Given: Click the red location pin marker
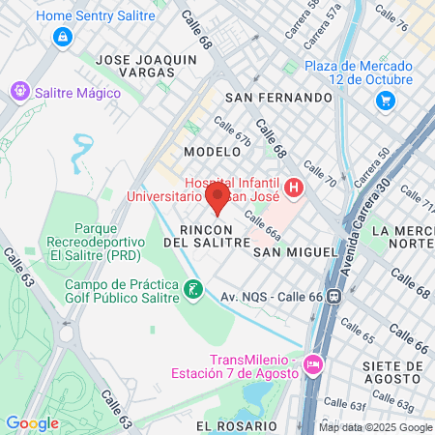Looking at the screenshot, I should [x=217, y=198].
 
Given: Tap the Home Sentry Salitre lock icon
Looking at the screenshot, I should [x=63, y=37].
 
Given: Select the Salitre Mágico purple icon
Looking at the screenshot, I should [x=17, y=92].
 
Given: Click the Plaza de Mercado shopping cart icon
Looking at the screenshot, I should [x=386, y=100].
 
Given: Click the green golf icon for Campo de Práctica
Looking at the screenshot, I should [x=193, y=288].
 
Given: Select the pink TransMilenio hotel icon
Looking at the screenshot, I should [x=312, y=364].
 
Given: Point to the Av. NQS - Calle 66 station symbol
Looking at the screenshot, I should [x=333, y=296].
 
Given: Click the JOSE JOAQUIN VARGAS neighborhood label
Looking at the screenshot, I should [x=147, y=65].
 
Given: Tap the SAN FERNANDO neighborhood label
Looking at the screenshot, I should [x=277, y=98].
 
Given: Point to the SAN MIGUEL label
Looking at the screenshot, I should [x=295, y=251].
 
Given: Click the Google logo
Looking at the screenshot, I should [x=32, y=422].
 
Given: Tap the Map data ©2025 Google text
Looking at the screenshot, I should [x=376, y=427].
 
